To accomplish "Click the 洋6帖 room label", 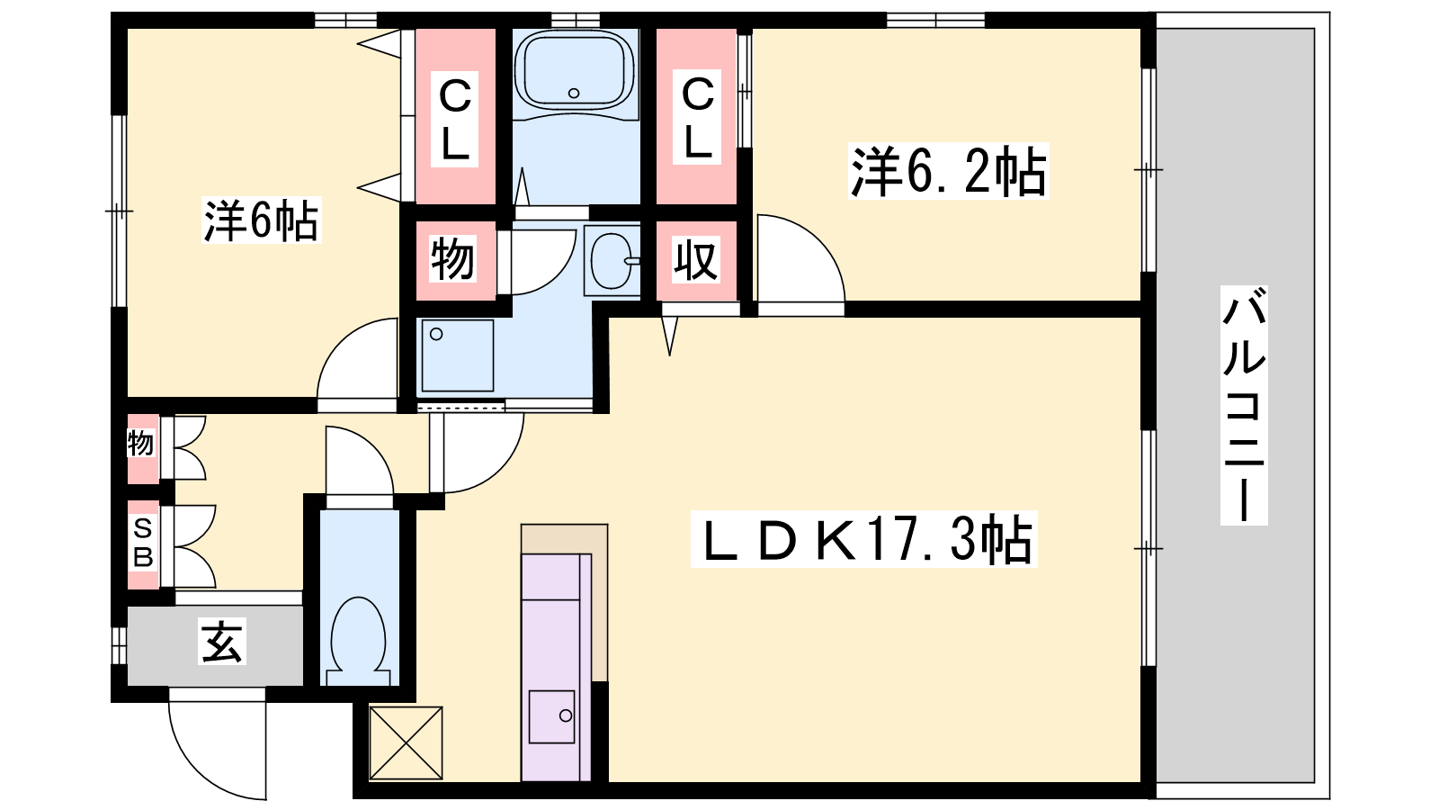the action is pyautogui.click(x=261, y=220).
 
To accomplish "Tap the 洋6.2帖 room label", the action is pyautogui.click(x=948, y=170).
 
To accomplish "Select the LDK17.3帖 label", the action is pyautogui.click(x=863, y=539).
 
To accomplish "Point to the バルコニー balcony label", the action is pyautogui.click(x=1244, y=405).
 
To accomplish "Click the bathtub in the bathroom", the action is pyautogui.click(x=575, y=73).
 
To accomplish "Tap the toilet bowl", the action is pyautogui.click(x=359, y=639).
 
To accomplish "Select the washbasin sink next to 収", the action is pyautogui.click(x=612, y=260).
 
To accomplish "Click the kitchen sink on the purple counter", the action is pyautogui.click(x=551, y=716).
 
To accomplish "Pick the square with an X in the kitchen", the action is pyautogui.click(x=406, y=742).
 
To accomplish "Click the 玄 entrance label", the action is pyautogui.click(x=221, y=641).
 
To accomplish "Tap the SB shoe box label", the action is pyautogui.click(x=143, y=544).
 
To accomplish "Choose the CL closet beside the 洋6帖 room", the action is pyautogui.click(x=455, y=118).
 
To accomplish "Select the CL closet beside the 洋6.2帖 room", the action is pyautogui.click(x=697, y=118).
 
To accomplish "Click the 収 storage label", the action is pyautogui.click(x=696, y=259).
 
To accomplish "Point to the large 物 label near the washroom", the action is pyautogui.click(x=453, y=259).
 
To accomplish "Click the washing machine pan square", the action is pyautogui.click(x=458, y=355).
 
